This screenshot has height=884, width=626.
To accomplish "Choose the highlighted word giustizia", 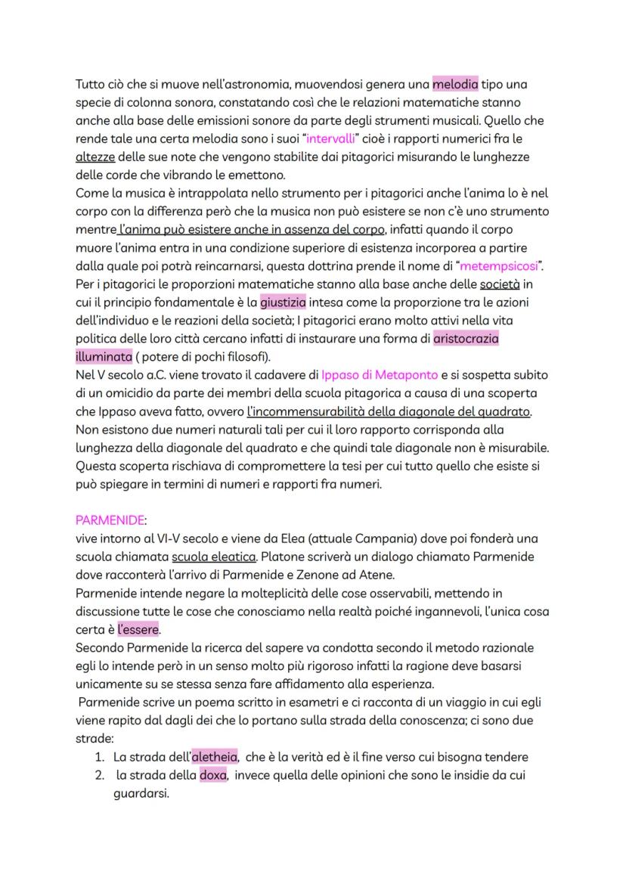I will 284,303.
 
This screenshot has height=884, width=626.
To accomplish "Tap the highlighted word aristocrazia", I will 466,340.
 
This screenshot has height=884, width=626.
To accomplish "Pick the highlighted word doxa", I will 212,775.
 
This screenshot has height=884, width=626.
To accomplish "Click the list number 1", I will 98,757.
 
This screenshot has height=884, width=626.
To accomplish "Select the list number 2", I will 98,775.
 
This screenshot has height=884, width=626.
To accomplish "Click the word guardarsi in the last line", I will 140,793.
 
